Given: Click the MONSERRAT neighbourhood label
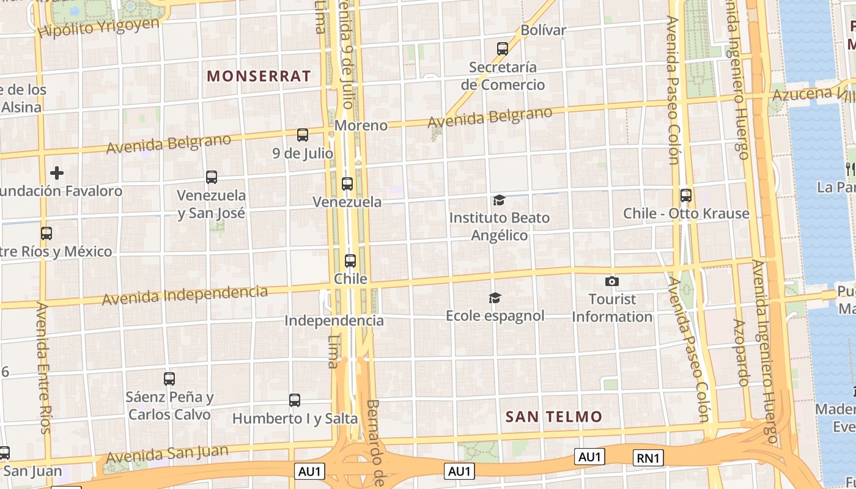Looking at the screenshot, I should (259, 76).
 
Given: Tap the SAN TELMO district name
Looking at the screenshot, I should (554, 417).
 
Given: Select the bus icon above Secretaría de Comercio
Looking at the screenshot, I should (503, 49).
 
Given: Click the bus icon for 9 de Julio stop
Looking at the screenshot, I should (303, 135).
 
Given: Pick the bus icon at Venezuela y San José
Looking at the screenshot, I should (212, 177).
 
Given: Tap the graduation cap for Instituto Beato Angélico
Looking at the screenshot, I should (500, 200).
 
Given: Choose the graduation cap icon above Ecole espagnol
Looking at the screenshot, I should (495, 298).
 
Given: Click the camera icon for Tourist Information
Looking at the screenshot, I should (611, 281).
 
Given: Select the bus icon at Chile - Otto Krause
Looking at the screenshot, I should (686, 196).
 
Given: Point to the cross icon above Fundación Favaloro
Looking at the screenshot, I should (57, 173).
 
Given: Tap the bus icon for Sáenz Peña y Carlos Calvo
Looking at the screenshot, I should (169, 379).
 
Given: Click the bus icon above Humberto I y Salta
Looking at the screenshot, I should (295, 400).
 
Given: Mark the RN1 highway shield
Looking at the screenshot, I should (648, 457).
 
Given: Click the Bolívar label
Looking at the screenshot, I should (544, 30).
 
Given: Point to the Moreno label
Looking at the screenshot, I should (361, 125).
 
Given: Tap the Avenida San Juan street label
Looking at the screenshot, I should (167, 455).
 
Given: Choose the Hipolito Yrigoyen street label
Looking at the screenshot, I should (98, 28).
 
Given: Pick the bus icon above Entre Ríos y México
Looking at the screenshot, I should (46, 233).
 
